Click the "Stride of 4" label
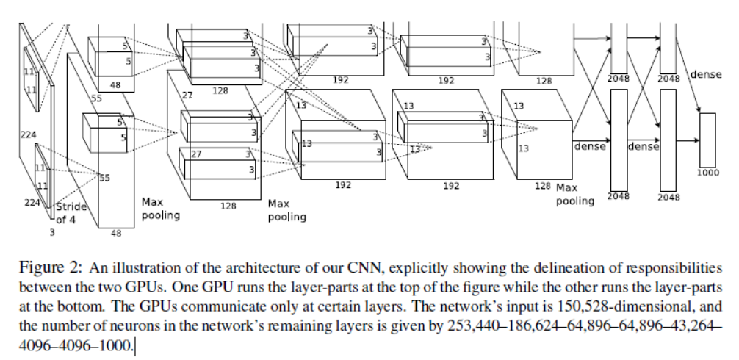pos(71,212)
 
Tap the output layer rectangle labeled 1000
pos(707,140)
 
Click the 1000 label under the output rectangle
pos(708,173)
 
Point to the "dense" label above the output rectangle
pos(706,75)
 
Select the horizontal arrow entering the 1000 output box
pos(688,140)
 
